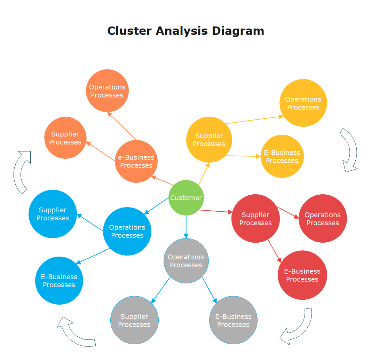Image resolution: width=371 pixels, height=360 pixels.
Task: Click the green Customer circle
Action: pyautogui.click(x=186, y=198)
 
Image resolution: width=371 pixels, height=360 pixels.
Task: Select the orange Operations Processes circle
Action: pyautogui.click(x=107, y=91)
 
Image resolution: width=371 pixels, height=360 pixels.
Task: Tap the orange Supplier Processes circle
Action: pyautogui.click(x=65, y=138)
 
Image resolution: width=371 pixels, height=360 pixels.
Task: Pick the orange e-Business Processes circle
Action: pyautogui.click(x=136, y=161)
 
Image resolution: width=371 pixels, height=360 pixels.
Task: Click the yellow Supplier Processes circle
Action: pyautogui.click(x=209, y=140)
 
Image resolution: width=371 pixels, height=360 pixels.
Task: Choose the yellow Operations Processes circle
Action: pyautogui.click(x=303, y=103)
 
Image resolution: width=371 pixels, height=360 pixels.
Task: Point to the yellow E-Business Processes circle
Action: pyautogui.click(x=282, y=156)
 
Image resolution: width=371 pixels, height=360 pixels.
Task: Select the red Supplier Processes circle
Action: pyautogui.click(x=255, y=219)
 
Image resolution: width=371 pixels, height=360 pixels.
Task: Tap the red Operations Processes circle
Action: pyautogui.click(x=323, y=219)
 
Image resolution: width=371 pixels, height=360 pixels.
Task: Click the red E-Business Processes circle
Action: pyautogui.click(x=302, y=275)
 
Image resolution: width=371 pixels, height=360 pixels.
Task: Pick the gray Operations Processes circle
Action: pyautogui.click(x=186, y=261)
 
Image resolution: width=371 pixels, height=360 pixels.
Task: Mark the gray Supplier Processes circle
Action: pyautogui.click(x=134, y=320)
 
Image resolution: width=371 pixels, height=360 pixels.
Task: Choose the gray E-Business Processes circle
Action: pyautogui.click(x=233, y=320)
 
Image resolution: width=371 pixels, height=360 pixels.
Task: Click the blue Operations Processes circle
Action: pyautogui.click(x=127, y=231)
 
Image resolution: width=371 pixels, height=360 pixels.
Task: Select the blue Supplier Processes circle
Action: pyautogui.click(x=53, y=214)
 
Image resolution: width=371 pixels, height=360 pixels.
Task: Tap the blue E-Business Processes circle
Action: pyautogui.click(x=59, y=281)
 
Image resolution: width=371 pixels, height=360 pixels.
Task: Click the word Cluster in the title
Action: pyautogui.click(x=129, y=31)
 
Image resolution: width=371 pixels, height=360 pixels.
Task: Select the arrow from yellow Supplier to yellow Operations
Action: pyautogui.click(x=254, y=120)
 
